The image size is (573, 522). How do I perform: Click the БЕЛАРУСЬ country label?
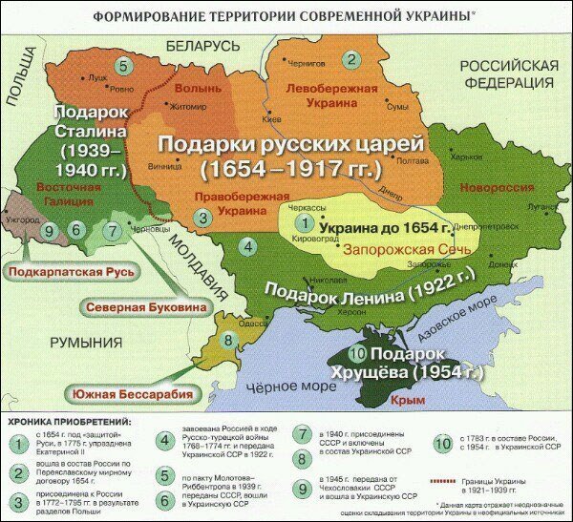[x=202, y=46]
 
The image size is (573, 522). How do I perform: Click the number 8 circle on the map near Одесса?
[x=228, y=339]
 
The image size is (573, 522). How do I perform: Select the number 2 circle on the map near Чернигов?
[x=350, y=59]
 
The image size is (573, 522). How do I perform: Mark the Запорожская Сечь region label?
[x=372, y=246]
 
